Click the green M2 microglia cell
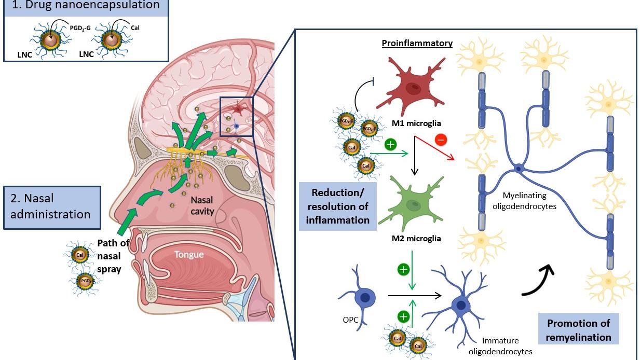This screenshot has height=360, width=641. coord(412,203)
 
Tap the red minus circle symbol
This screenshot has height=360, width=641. coord(441,140)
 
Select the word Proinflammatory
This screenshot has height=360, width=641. coord(417,43)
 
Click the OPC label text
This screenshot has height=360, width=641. coord(350,320)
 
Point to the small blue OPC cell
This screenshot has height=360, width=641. coord(360,297)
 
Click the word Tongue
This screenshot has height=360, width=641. coord(189,254)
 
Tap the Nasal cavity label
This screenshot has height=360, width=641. coord(202,205)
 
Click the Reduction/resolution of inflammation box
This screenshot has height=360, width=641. coord(338,206)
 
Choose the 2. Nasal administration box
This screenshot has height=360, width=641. coord(52,207)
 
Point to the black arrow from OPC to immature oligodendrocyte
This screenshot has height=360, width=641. coord(415,295)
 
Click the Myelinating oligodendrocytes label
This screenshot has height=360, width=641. coord(525,201)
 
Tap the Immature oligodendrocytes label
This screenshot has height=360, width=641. coord(500,345)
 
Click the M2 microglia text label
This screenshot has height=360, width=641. coord(416,239)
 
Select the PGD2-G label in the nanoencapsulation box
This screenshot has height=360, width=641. coord(80,28)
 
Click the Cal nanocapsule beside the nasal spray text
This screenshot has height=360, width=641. coord(80,255)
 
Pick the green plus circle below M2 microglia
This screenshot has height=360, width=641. coord(403,269)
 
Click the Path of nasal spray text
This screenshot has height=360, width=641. coord(113,256)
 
